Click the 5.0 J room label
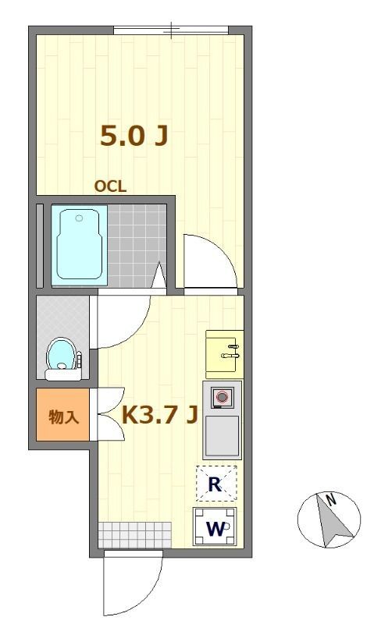click(134, 135)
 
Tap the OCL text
click(110, 186)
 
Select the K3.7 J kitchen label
click(160, 415)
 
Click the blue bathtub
click(80, 245)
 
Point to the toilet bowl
click(62, 355)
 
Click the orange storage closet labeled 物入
click(63, 415)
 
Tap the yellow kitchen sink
click(224, 354)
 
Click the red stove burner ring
click(222, 397)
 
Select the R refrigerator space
click(216, 484)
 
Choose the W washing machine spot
click(215, 526)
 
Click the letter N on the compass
click(330, 499)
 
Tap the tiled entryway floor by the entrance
click(135, 534)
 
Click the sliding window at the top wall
click(171, 30)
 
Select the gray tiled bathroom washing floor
click(137, 246)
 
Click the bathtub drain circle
click(80, 218)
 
